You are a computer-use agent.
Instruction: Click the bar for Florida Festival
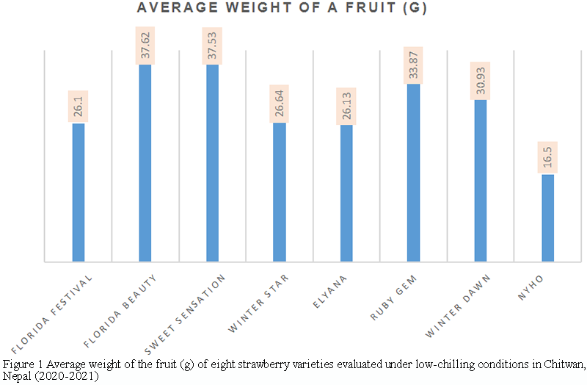pos(78,192)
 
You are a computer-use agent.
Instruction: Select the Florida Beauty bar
pos(145,163)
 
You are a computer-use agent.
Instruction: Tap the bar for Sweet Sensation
pos(212,163)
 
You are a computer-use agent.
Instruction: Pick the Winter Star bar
pos(279,192)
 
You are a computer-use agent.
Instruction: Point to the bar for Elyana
pos(346,193)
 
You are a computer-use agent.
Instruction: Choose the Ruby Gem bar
pos(413,173)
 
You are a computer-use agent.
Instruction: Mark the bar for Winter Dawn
pos(480,181)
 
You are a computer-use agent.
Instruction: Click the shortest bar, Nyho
pos(547,217)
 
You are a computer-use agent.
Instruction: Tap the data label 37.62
pos(145,45)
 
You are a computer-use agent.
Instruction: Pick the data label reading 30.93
pos(481,80)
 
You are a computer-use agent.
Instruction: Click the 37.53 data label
pos(213,46)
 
